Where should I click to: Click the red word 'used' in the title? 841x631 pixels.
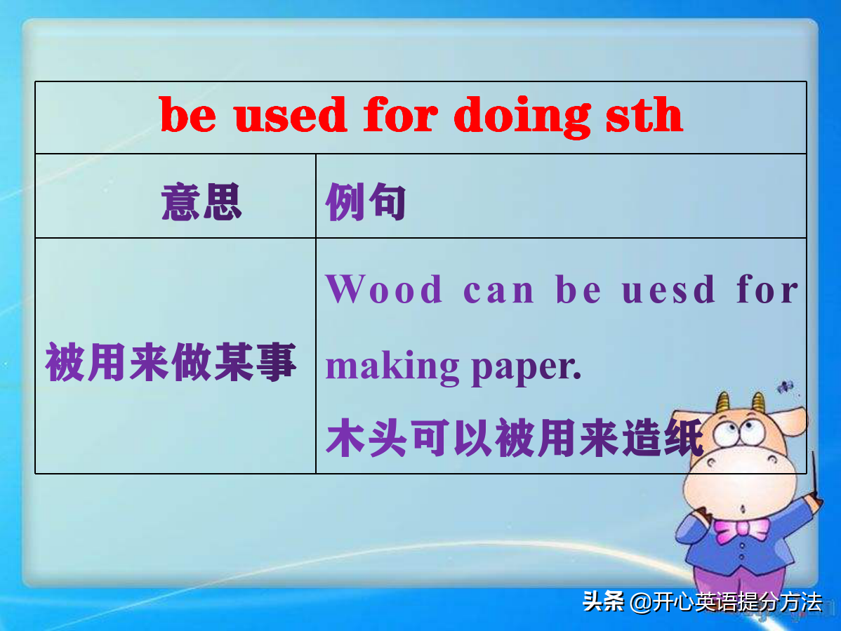click(x=291, y=115)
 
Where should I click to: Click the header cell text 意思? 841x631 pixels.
click(x=201, y=202)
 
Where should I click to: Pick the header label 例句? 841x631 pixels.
click(x=366, y=202)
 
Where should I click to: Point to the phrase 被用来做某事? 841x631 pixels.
click(x=171, y=363)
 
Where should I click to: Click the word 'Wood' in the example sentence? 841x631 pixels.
click(x=384, y=289)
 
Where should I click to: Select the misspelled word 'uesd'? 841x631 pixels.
click(x=668, y=289)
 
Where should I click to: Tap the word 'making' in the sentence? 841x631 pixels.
click(x=392, y=367)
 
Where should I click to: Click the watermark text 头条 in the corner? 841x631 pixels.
click(x=603, y=602)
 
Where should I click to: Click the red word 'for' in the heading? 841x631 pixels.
click(x=401, y=115)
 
